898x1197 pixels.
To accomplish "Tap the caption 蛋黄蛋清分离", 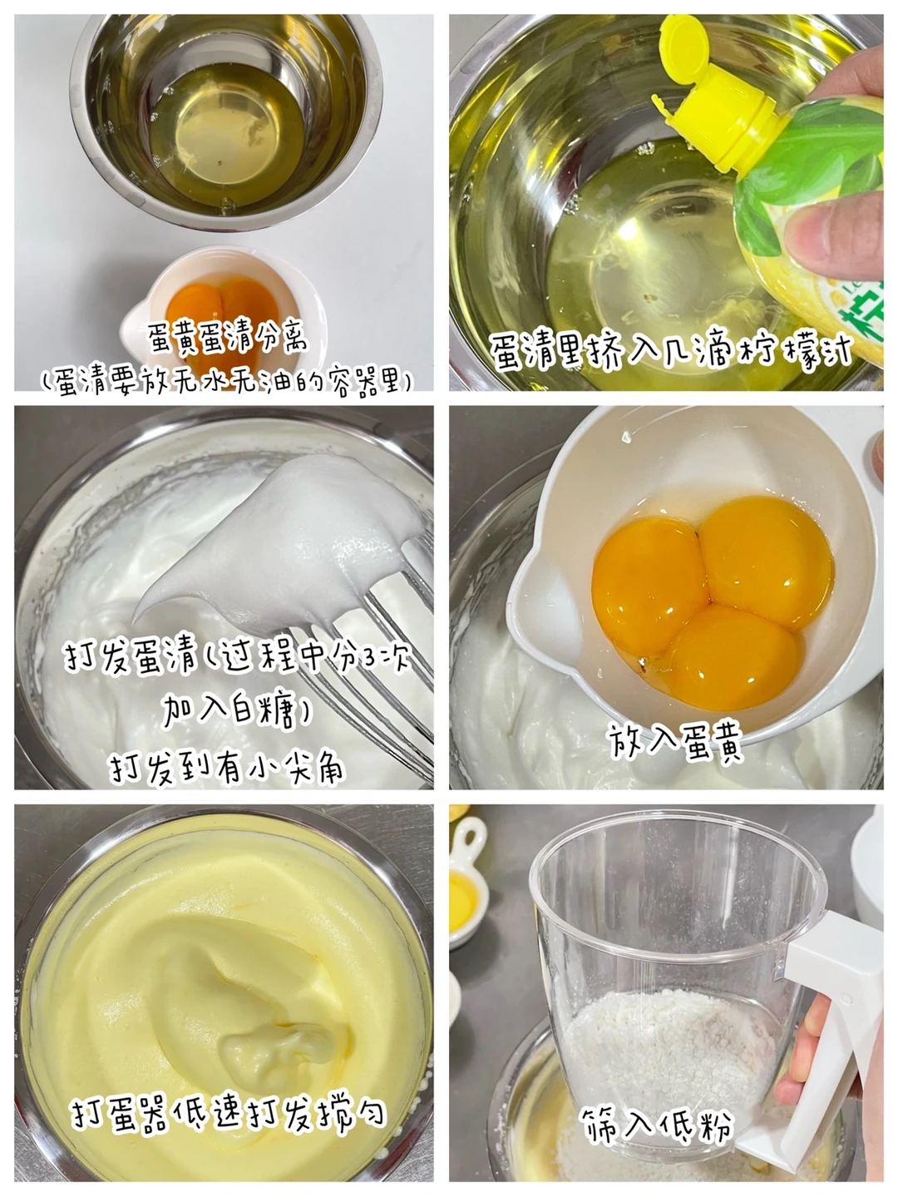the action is (227, 338).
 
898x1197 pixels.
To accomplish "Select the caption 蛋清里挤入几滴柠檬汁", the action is (670, 349).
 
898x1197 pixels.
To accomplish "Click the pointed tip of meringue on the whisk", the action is (136, 620).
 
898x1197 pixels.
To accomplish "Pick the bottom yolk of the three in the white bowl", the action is (731, 657).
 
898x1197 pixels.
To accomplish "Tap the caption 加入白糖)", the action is (236, 710).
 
